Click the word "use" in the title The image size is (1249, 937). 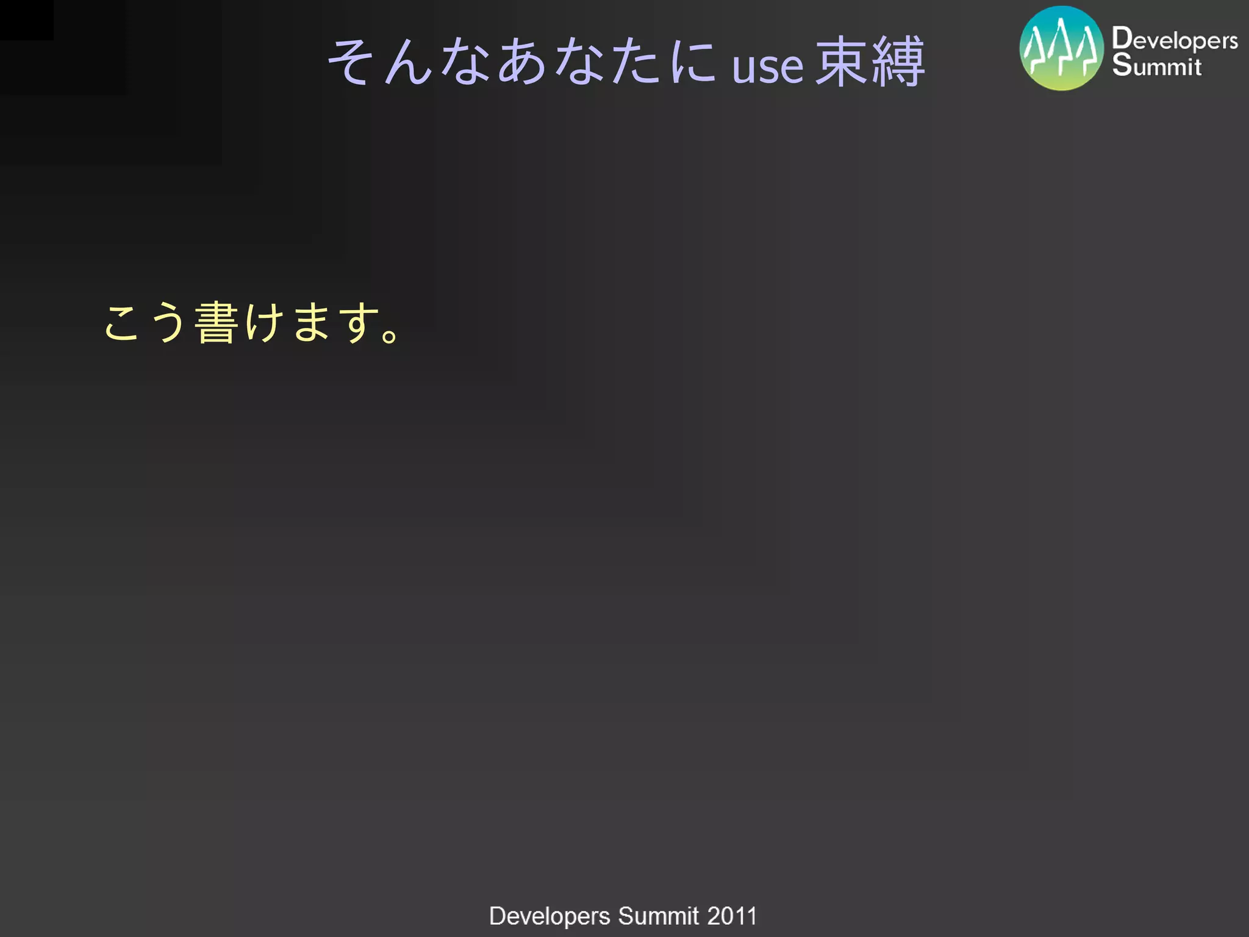[x=768, y=66]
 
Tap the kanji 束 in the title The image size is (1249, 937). [x=841, y=61]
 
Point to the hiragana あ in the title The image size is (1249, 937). [x=522, y=61]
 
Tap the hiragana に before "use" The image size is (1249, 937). [x=692, y=61]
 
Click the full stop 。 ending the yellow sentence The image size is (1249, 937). [x=390, y=334]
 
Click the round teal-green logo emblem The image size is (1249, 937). [x=1062, y=48]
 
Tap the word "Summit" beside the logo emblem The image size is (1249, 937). [x=1156, y=65]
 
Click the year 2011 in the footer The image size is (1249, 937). [x=732, y=916]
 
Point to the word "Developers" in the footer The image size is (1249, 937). [x=549, y=916]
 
